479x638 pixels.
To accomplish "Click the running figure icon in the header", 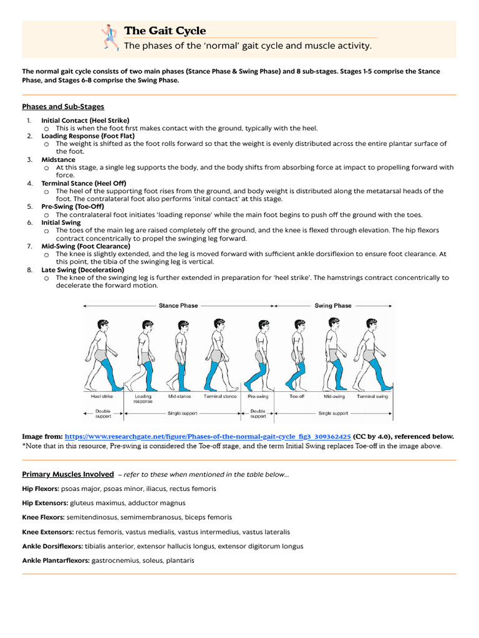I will pos(110,37).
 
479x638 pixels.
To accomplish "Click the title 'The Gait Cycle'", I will pos(165,31).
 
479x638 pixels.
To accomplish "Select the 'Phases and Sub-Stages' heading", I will pos(63,107).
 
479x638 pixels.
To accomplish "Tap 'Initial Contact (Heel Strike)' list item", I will pos(85,120).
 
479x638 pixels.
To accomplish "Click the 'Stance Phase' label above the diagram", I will pos(178,306).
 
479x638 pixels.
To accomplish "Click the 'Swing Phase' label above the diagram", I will pos(332,306).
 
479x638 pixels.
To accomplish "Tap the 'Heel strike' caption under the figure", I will pos(102,396).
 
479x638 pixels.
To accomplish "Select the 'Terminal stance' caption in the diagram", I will pos(220,396).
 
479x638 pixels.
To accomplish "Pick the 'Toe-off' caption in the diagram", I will pos(297,396).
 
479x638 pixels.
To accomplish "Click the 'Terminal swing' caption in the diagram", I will pos(372,396).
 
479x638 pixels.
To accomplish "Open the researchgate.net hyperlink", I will pos(207,437).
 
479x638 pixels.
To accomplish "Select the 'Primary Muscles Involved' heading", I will pos(68,474).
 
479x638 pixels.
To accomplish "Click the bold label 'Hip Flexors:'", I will pos(41,488).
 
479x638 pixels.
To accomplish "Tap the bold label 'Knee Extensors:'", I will pos(48,532).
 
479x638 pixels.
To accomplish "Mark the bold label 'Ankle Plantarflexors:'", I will pos(56,561).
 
